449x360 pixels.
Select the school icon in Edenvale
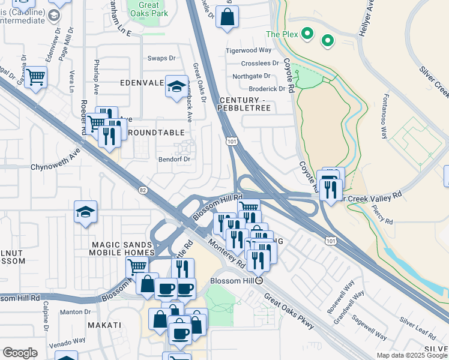click(x=176, y=87)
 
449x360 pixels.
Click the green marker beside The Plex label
click(x=307, y=34)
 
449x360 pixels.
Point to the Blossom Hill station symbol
click(x=259, y=280)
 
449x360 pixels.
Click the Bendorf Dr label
click(x=173, y=160)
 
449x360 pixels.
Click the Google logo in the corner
click(x=20, y=352)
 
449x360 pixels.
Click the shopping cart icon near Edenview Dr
click(x=35, y=77)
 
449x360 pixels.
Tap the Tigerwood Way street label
click(x=249, y=50)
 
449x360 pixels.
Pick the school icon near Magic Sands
click(x=86, y=212)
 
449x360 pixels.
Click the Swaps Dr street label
click(x=161, y=59)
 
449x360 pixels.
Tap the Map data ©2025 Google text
click(x=412, y=355)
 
